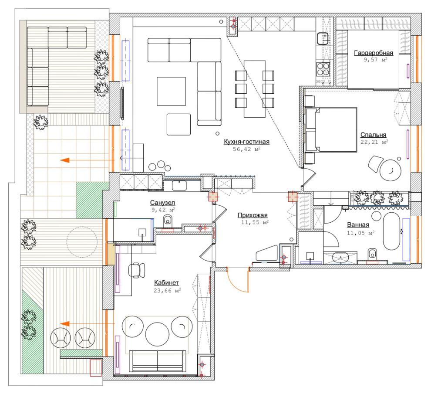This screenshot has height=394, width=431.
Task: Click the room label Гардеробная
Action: click(373, 53)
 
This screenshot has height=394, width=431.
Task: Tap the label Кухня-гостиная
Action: click(246, 142)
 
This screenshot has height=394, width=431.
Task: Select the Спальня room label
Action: click(373, 135)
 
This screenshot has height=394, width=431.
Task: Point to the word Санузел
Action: click(162, 203)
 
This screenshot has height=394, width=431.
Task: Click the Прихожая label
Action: click(253, 215)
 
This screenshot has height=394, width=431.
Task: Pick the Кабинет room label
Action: click(166, 282)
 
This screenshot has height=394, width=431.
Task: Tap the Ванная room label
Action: click(358, 225)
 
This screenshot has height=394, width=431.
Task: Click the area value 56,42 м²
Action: click(246, 149)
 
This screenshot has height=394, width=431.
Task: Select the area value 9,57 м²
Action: click(375, 60)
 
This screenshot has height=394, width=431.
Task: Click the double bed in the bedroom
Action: click(331, 129)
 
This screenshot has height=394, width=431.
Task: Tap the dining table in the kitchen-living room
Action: click(255, 89)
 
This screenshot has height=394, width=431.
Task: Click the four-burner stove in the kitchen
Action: click(323, 69)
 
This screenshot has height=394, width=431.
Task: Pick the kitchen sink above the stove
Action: click(323, 38)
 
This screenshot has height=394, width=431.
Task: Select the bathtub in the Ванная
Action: click(391, 231)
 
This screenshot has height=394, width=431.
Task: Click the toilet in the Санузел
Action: click(168, 220)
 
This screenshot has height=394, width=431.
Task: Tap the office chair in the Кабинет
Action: click(136, 270)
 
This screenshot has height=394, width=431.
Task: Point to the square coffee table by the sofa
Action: click(171, 92)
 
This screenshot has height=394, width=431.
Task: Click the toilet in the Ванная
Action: click(372, 253)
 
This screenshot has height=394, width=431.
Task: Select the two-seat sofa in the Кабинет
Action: click(158, 362)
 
